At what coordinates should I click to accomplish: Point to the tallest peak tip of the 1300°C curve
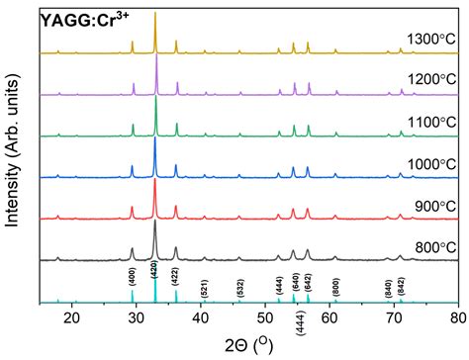click(x=155, y=14)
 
